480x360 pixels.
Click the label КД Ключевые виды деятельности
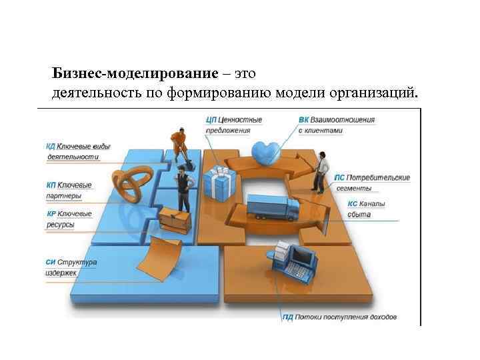click(74, 151)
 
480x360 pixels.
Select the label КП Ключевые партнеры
click(69, 190)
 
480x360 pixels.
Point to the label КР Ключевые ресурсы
click(69, 219)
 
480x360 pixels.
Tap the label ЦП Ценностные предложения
click(234, 125)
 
